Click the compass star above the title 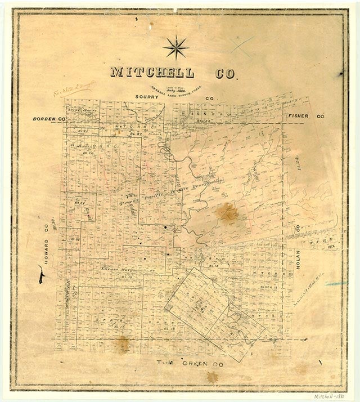175,47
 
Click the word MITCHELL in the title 152,73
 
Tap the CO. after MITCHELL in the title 225,73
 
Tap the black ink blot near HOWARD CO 41,277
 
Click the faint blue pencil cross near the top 242,43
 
